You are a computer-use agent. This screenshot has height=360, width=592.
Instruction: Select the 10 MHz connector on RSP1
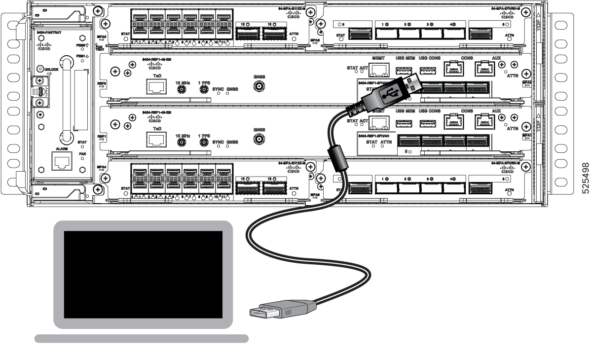pyautogui.click(x=182, y=143)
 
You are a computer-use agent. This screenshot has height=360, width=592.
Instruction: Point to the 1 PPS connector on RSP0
pyautogui.click(x=202, y=90)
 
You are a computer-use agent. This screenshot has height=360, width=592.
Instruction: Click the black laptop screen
pyautogui.click(x=143, y=274)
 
